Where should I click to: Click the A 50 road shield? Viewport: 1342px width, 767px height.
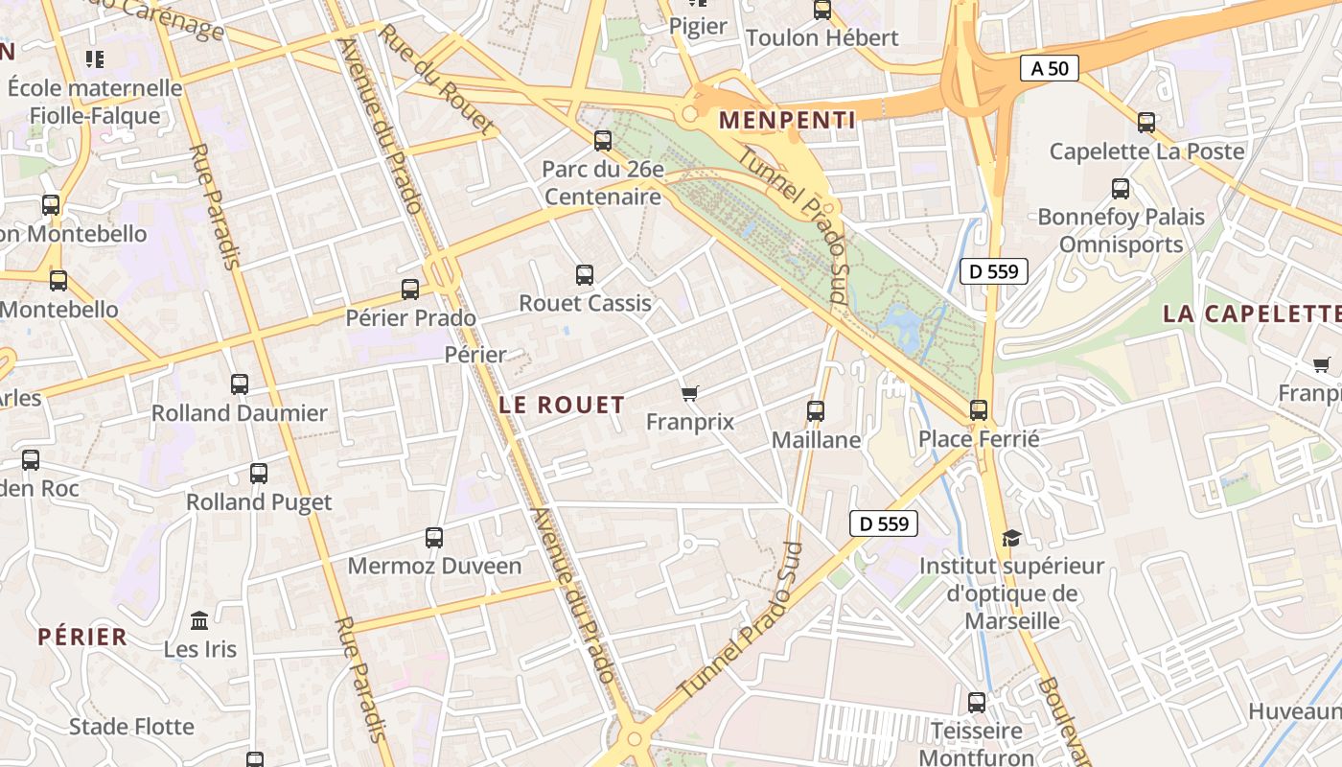click(x=1049, y=68)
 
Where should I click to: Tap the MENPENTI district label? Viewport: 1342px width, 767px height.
click(x=787, y=120)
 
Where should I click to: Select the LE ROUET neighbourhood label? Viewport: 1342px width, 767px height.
click(x=562, y=405)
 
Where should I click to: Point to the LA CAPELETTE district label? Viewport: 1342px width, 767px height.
click(x=1251, y=314)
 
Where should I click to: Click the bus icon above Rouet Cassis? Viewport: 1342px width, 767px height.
click(x=585, y=275)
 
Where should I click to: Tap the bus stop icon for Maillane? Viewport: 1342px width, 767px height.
click(x=816, y=411)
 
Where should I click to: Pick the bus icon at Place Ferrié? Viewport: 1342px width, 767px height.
click(x=979, y=410)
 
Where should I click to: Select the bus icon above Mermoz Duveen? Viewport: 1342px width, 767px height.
click(x=434, y=538)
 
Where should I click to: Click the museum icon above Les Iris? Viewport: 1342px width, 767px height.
click(x=199, y=620)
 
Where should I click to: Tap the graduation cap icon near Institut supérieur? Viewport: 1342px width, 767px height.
click(x=1011, y=538)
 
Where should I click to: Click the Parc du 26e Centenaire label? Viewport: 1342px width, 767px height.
click(x=602, y=183)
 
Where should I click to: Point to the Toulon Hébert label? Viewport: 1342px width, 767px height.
click(x=821, y=38)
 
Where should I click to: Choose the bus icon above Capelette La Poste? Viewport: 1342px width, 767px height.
click(x=1146, y=123)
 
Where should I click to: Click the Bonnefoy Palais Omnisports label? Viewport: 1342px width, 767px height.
click(x=1121, y=230)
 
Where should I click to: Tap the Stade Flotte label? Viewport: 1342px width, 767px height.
click(x=131, y=726)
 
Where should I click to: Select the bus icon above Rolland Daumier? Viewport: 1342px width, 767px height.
click(x=240, y=384)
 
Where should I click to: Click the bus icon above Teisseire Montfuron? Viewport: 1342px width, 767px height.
click(x=977, y=703)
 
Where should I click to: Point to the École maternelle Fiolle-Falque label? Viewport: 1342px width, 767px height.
click(x=95, y=102)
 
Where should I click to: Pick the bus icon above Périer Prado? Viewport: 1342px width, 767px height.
click(x=410, y=290)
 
